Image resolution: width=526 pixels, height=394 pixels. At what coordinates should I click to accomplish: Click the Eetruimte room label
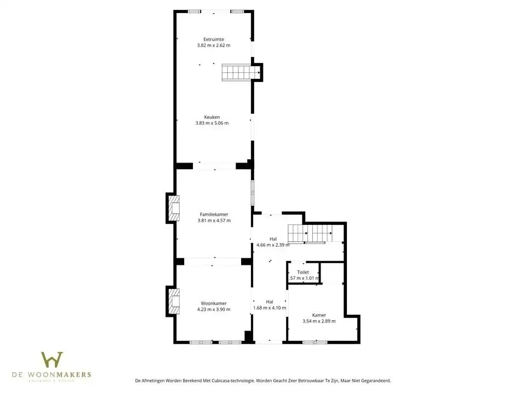pyautogui.click(x=213, y=39)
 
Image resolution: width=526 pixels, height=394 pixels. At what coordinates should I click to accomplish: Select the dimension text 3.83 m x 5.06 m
pyautogui.click(x=211, y=123)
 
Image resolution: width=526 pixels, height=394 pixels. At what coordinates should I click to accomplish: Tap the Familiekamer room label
pyautogui.click(x=214, y=215)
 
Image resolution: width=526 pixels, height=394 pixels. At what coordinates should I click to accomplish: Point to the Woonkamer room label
pyautogui.click(x=214, y=303)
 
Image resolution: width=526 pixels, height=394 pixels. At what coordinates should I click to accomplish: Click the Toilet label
pyautogui.click(x=303, y=272)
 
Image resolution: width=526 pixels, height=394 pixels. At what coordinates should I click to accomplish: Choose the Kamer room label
pyautogui.click(x=319, y=315)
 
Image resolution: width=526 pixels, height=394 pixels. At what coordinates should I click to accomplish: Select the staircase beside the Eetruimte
pyautogui.click(x=240, y=72)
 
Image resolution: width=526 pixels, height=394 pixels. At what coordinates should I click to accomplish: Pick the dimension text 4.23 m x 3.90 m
pyautogui.click(x=214, y=309)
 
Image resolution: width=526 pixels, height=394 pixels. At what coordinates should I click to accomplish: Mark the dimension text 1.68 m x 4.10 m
pyautogui.click(x=270, y=308)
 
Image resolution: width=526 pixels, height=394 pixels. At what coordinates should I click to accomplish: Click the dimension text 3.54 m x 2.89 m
pyautogui.click(x=319, y=321)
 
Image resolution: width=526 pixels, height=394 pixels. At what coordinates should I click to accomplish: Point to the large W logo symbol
pyautogui.click(x=52, y=360)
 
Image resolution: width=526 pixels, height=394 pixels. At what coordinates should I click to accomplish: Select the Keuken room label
pyautogui.click(x=212, y=117)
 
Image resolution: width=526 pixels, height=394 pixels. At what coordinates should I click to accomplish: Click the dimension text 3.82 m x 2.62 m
pyautogui.click(x=213, y=45)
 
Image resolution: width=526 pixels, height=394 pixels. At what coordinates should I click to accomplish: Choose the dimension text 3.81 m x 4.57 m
pyautogui.click(x=214, y=221)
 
